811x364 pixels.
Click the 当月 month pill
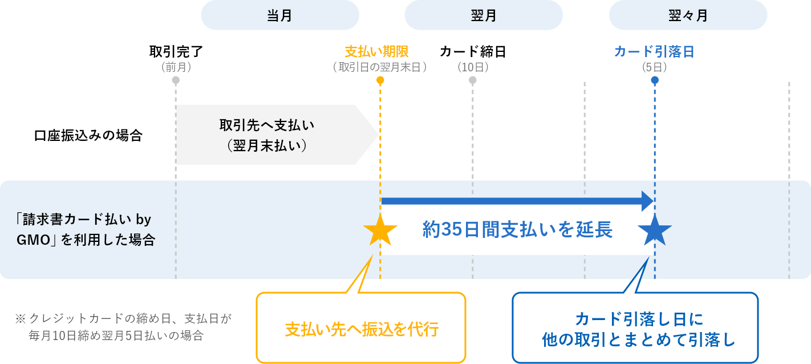pyautogui.click(x=279, y=15)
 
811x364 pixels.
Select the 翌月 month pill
pyautogui.click(x=484, y=15)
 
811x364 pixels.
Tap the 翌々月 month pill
pyautogui.click(x=688, y=15)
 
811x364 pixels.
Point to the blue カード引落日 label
pyautogui.click(x=654, y=51)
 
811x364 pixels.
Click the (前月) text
pyautogui.click(x=176, y=67)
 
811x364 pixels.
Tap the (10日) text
pyautogui.click(x=473, y=67)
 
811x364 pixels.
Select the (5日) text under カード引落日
pyautogui.click(x=654, y=67)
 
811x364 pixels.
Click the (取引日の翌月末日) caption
pyautogui.click(x=380, y=67)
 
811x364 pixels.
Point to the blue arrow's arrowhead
pyautogui.click(x=648, y=201)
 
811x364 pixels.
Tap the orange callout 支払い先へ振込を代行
pyautogui.click(x=361, y=329)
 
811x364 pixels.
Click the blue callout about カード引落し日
pyautogui.click(x=635, y=329)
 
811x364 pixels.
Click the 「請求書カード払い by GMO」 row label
pyautogui.click(x=86, y=229)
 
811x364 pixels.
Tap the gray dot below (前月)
pyautogui.click(x=176, y=80)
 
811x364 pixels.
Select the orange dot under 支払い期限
pyautogui.click(x=380, y=80)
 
